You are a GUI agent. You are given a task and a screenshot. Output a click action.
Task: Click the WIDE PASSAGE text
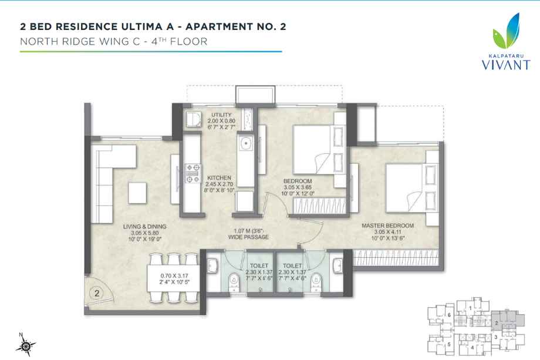tap(249, 237)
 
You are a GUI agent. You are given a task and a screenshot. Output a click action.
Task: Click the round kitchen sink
tap(245, 143)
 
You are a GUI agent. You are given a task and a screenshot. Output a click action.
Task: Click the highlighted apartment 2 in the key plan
tap(498, 321)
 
